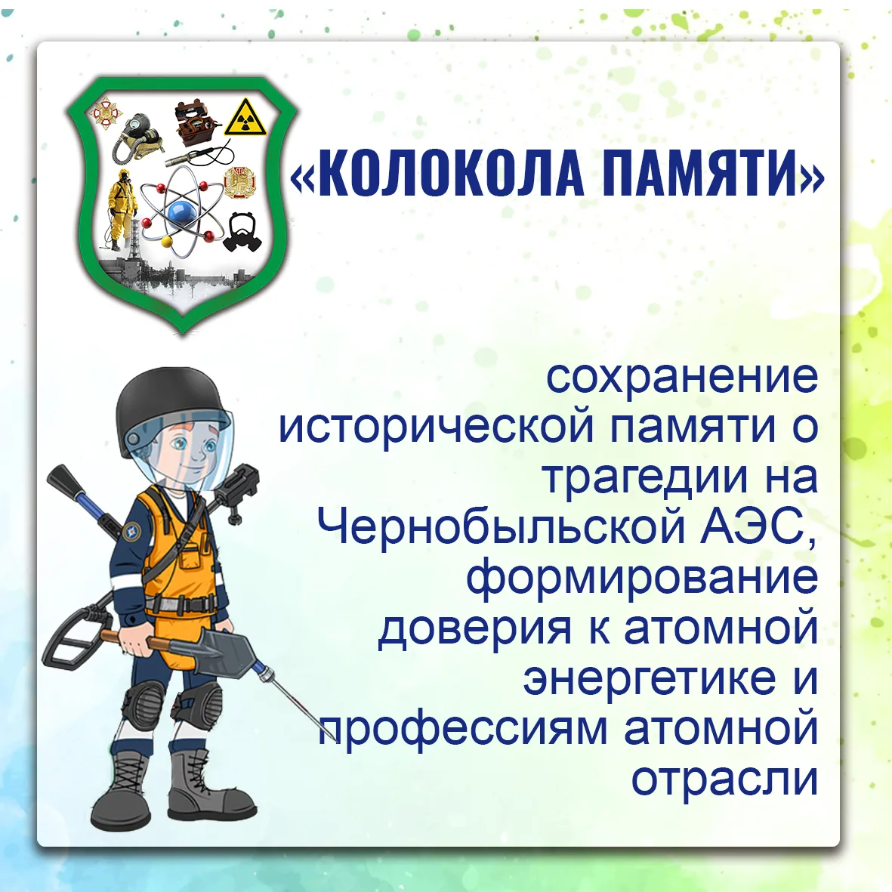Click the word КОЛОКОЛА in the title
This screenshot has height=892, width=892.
tap(451, 174)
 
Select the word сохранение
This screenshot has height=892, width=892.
tap(682, 378)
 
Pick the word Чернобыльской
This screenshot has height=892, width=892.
tap(502, 526)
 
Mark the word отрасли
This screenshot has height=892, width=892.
tap(725, 779)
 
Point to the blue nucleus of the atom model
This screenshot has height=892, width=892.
tap(182, 214)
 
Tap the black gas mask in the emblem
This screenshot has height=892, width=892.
tap(242, 232)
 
